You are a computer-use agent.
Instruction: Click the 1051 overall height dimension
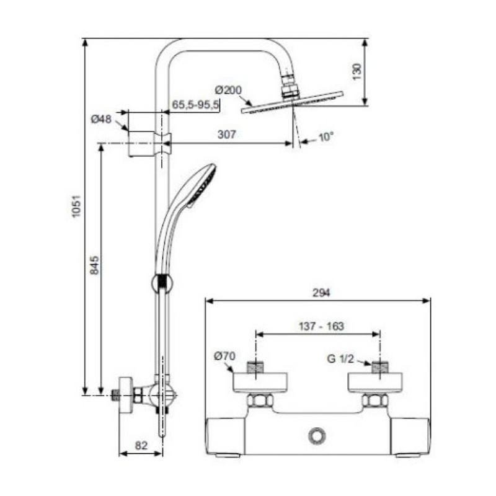[x=76, y=206]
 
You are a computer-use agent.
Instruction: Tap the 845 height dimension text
[x=94, y=265]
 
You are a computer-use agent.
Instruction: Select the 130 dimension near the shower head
[x=357, y=72]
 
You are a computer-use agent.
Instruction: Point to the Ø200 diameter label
[x=228, y=90]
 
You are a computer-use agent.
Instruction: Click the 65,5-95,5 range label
[x=195, y=104]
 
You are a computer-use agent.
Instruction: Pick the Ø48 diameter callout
[x=101, y=119]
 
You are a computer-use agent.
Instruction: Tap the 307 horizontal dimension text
[x=227, y=135]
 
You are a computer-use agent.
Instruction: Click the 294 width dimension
[x=321, y=293]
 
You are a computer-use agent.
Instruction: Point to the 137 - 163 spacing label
[x=321, y=326]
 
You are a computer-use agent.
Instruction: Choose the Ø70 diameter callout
[x=224, y=356]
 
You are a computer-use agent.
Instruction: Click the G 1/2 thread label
[x=340, y=359]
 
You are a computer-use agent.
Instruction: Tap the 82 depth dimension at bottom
[x=141, y=445]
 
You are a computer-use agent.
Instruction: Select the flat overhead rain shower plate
[x=292, y=102]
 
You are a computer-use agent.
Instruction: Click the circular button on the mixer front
[x=317, y=436]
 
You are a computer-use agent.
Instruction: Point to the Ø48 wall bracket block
[x=141, y=144]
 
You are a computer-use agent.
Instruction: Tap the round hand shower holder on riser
[x=162, y=283]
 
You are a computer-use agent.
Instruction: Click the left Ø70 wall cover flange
[x=260, y=383]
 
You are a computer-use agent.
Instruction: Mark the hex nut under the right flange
[x=375, y=401]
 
